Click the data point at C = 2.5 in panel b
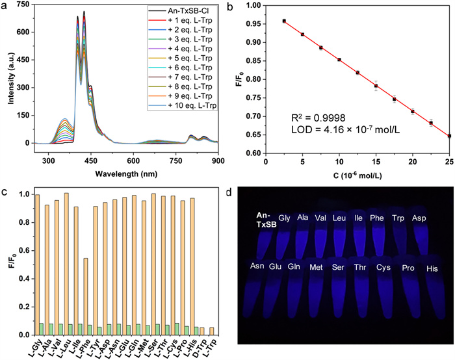[284, 21]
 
